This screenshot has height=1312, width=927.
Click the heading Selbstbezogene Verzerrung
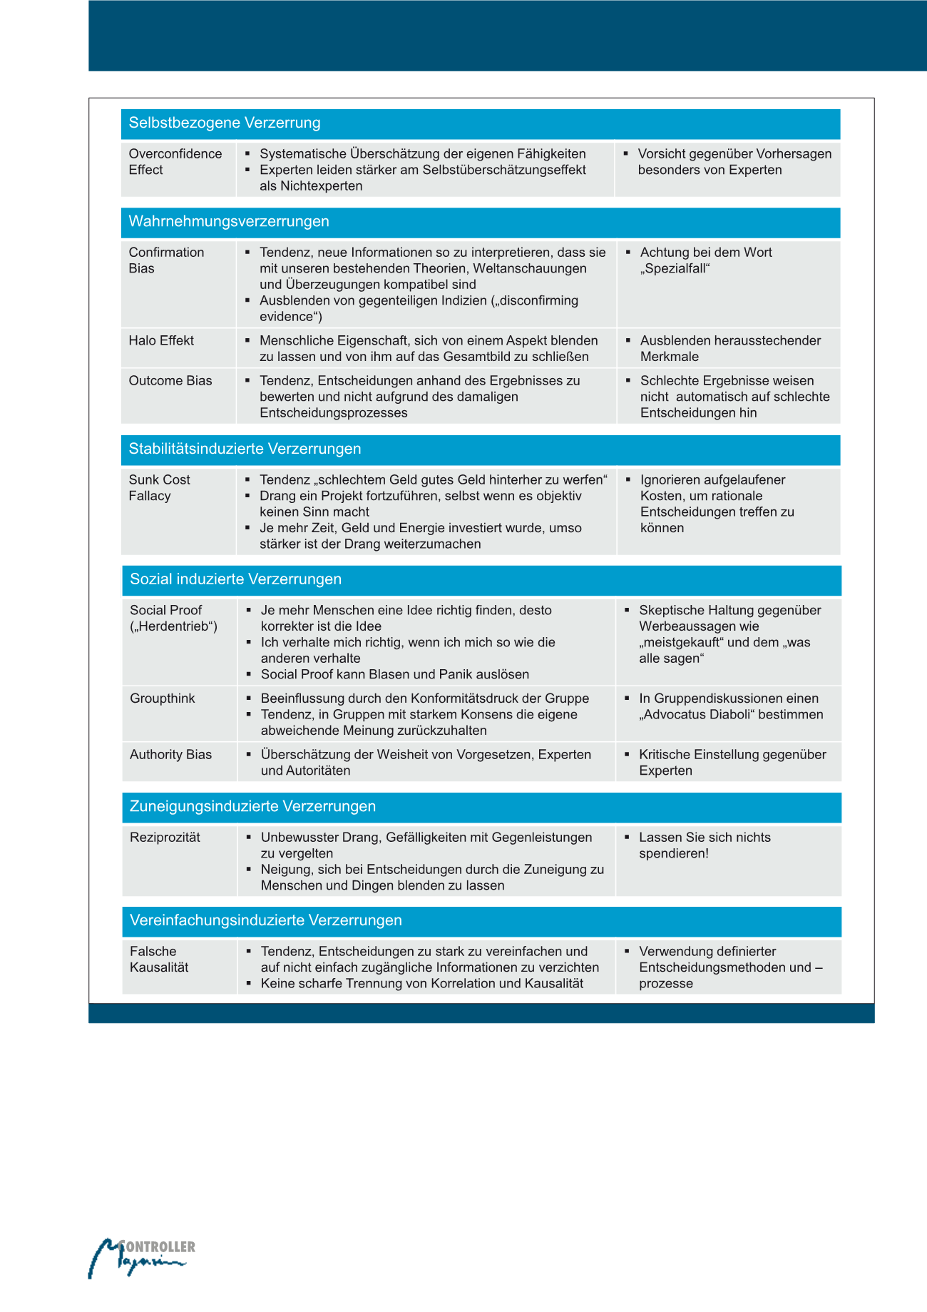(x=225, y=123)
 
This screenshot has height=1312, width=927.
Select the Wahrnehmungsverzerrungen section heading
(x=229, y=221)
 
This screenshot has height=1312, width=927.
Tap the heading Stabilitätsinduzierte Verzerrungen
(x=245, y=449)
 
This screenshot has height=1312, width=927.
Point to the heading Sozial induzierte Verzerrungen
(x=235, y=579)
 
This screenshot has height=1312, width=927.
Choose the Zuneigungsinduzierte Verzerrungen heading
(x=252, y=806)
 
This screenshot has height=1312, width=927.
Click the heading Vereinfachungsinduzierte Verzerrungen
(x=265, y=920)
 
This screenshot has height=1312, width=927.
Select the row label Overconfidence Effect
(x=175, y=162)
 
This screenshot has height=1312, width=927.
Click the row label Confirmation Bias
(x=166, y=260)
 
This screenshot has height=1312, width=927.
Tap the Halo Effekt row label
(x=161, y=340)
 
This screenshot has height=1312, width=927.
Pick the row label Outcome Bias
(x=170, y=380)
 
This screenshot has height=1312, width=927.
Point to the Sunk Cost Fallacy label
(x=159, y=488)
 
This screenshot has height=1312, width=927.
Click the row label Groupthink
(x=162, y=698)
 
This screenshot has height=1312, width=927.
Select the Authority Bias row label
(x=170, y=754)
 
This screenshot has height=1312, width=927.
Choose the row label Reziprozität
(x=165, y=837)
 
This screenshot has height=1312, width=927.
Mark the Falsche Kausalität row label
(x=159, y=960)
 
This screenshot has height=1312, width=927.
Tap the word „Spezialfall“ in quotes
(x=675, y=268)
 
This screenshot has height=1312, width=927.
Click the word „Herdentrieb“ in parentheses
(x=174, y=626)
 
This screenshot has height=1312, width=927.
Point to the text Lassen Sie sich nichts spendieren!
(x=705, y=845)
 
